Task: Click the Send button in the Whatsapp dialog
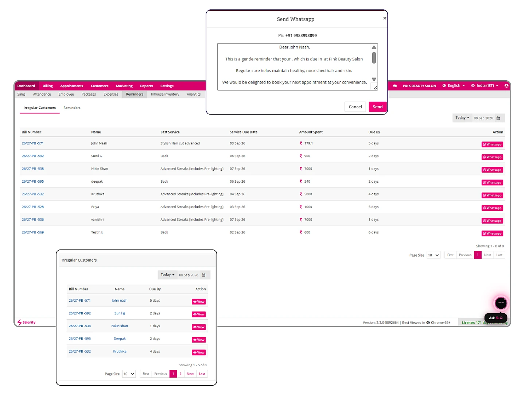tap(377, 107)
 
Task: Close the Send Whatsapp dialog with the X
tap(384, 18)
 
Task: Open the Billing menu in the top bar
tap(48, 86)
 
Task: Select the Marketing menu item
tap(124, 86)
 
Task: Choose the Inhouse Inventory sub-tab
tap(165, 94)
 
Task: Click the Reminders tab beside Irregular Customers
tap(72, 108)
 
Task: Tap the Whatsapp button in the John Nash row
tap(492, 144)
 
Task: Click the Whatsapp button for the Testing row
tap(492, 233)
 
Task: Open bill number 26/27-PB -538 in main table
tap(33, 169)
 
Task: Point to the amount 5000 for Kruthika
tap(308, 194)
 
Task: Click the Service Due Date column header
tap(244, 132)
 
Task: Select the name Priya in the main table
tap(95, 207)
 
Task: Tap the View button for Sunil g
tap(199, 314)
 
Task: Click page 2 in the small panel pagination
tap(180, 374)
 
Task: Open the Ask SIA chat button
tap(495, 318)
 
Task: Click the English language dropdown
tap(454, 86)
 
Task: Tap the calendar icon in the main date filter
tap(498, 118)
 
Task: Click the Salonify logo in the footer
tap(26, 322)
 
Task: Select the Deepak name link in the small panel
tap(120, 339)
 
